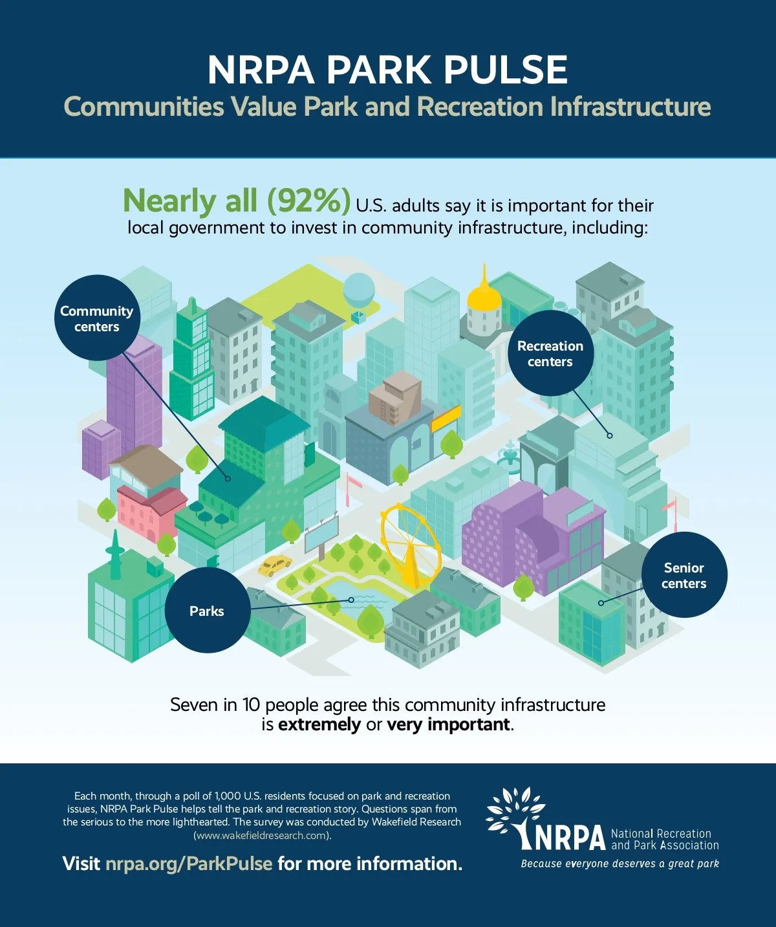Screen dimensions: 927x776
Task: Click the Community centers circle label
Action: pyautogui.click(x=96, y=318)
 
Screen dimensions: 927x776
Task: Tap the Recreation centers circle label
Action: pyautogui.click(x=550, y=353)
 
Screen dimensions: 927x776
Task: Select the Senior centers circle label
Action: pyautogui.click(x=684, y=575)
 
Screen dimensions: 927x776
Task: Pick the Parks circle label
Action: pyautogui.click(x=207, y=611)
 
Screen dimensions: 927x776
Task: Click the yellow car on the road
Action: pyautogui.click(x=274, y=565)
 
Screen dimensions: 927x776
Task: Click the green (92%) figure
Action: pyautogui.click(x=309, y=201)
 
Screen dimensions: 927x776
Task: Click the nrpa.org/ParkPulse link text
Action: pyautogui.click(x=188, y=864)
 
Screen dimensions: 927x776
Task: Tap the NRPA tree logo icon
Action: pyautogui.click(x=515, y=816)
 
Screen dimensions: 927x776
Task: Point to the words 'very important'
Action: pyautogui.click(x=448, y=725)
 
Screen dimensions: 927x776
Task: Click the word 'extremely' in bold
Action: pyautogui.click(x=319, y=725)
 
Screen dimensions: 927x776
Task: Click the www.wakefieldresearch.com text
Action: pyautogui.click(x=262, y=835)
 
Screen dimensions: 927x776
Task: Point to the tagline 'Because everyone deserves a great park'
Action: pyautogui.click(x=620, y=864)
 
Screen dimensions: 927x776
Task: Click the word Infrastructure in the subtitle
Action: pyautogui.click(x=630, y=107)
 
